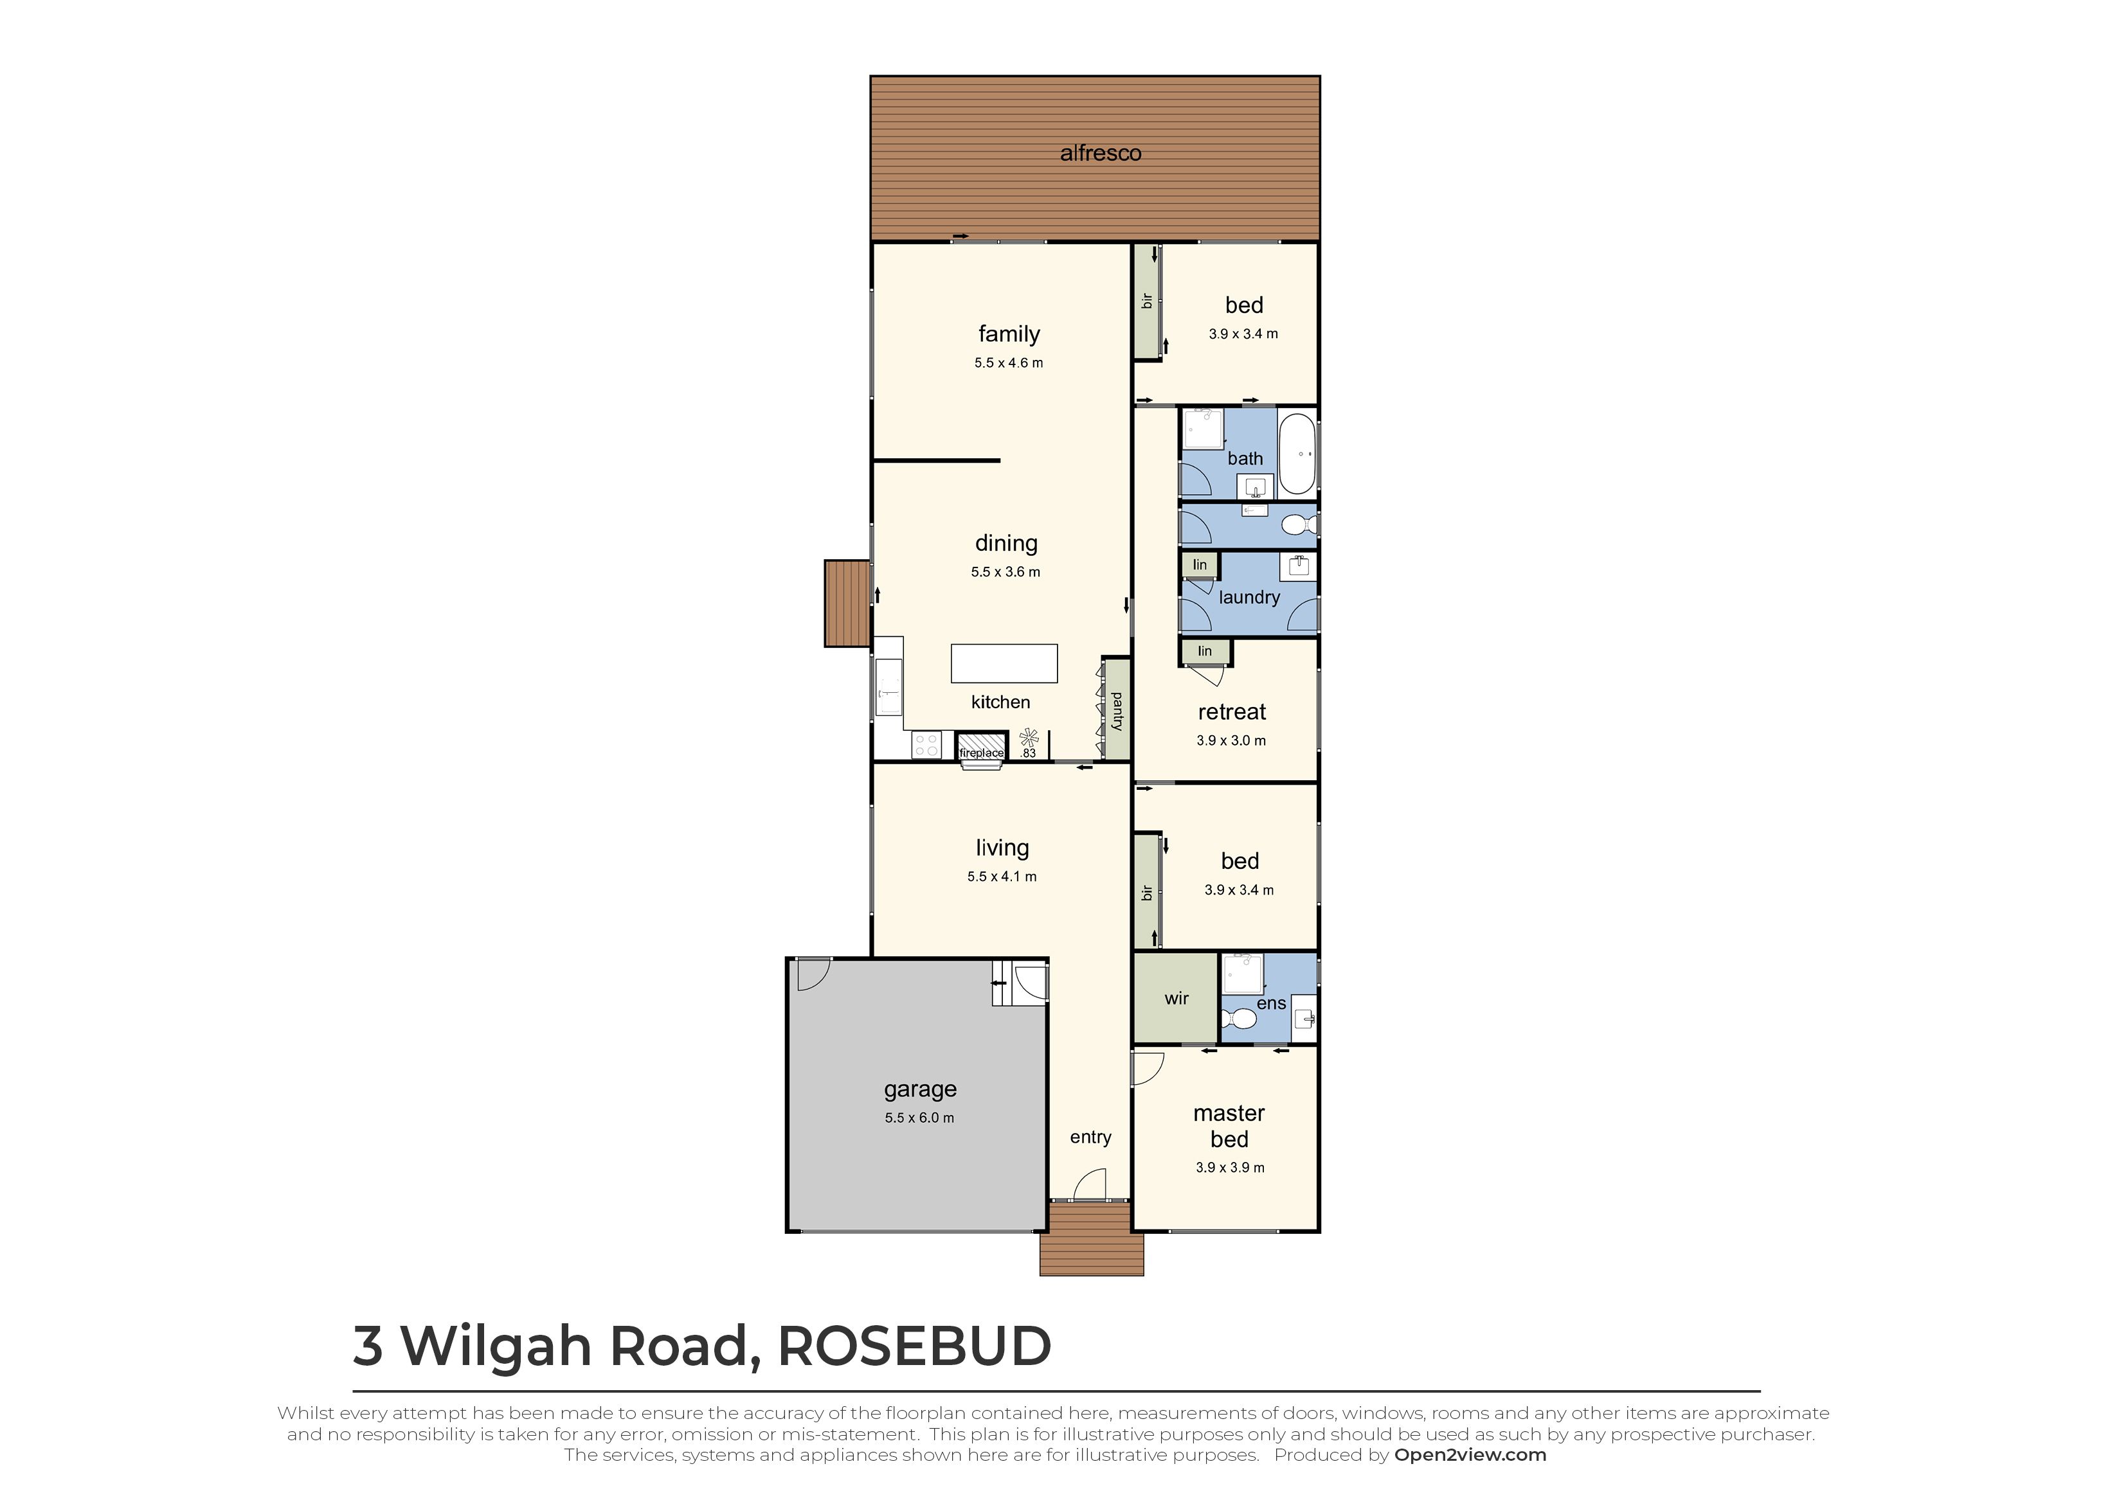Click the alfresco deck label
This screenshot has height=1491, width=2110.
(x=1100, y=154)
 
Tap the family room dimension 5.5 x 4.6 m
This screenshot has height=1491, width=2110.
(x=1008, y=363)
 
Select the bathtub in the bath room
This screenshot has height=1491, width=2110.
(x=1297, y=454)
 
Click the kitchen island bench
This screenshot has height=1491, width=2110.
(x=1004, y=663)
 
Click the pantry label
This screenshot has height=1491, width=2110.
(x=1117, y=711)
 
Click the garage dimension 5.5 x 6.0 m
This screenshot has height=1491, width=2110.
(x=919, y=1118)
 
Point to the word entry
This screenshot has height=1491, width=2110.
(x=1090, y=1138)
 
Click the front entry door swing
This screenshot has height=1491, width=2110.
(x=1090, y=1185)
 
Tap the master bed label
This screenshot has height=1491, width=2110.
(x=1229, y=1127)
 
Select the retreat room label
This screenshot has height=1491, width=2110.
(x=1231, y=712)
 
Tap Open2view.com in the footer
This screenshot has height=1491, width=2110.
(x=1470, y=1455)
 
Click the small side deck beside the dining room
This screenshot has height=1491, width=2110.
(x=847, y=603)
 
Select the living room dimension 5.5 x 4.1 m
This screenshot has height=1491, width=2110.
(x=1002, y=877)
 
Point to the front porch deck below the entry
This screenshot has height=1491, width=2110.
(x=1091, y=1240)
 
